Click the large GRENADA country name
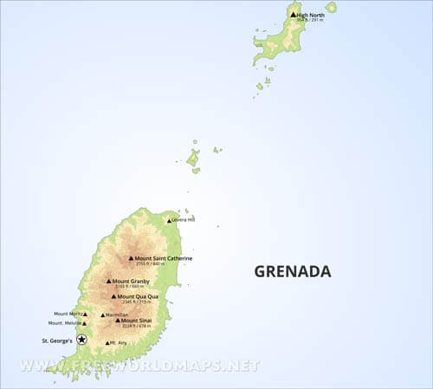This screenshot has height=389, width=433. (x=293, y=271)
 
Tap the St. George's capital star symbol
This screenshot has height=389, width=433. (x=82, y=340)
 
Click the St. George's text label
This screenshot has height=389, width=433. (x=58, y=340)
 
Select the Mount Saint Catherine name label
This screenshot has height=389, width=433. (x=164, y=258)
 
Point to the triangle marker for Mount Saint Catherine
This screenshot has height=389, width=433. (x=131, y=258)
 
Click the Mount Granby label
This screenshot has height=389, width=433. (x=131, y=281)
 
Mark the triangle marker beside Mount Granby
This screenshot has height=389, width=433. (x=109, y=281)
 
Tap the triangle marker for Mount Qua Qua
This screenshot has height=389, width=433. (x=113, y=296)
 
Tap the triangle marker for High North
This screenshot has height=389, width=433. (x=294, y=15)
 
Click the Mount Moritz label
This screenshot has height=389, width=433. (x=68, y=314)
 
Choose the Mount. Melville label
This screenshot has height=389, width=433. (x=67, y=323)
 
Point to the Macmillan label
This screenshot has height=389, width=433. (x=117, y=314)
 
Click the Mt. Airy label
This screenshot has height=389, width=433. (x=119, y=343)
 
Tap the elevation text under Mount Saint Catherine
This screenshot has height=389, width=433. (x=152, y=264)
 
